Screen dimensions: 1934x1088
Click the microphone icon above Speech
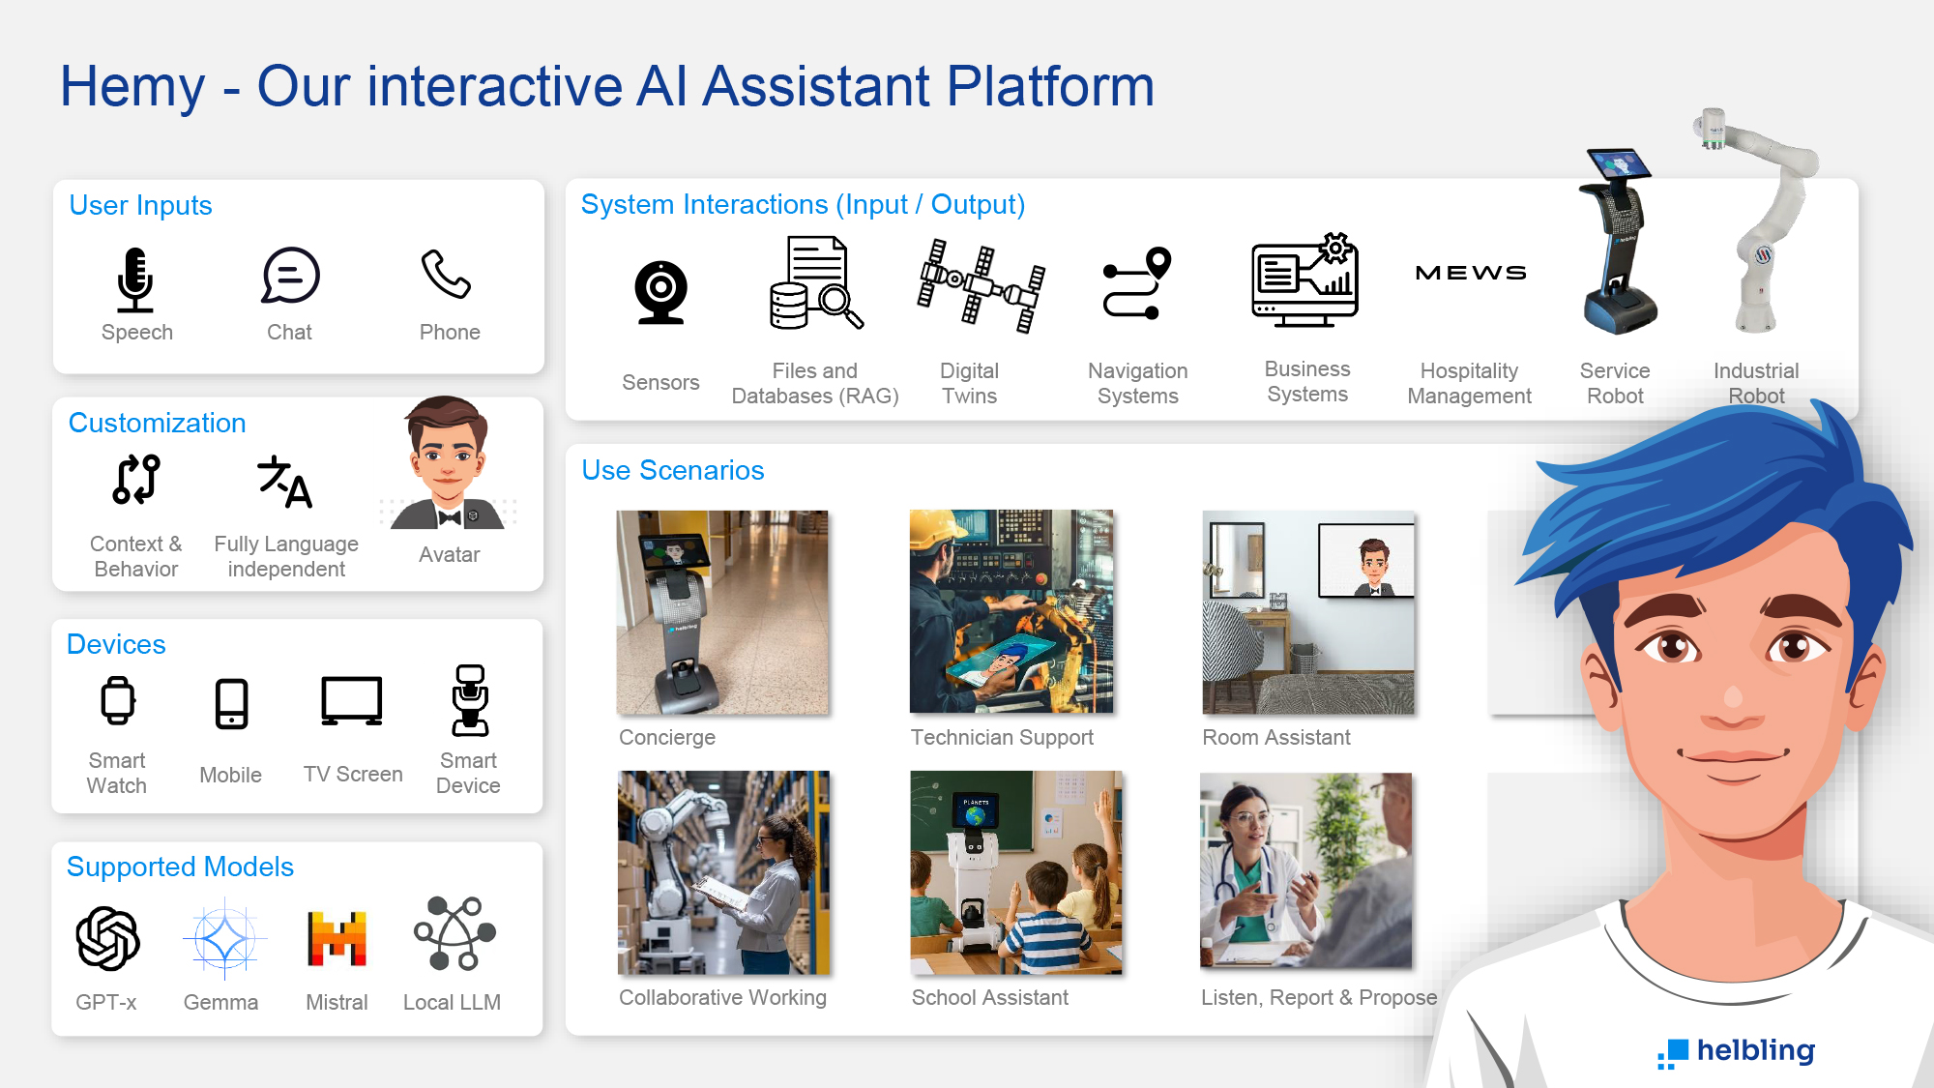click(135, 279)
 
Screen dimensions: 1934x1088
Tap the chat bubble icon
click(290, 276)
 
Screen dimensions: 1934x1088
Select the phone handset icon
click(446, 274)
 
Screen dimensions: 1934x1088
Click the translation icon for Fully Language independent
click(285, 482)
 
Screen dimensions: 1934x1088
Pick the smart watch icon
click(118, 701)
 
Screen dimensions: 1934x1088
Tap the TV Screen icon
click(352, 701)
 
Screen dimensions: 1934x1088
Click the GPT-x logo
click(108, 938)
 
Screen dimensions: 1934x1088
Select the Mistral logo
click(337, 938)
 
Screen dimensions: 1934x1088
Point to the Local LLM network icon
click(454, 933)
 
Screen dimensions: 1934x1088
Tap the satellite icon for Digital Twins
click(981, 285)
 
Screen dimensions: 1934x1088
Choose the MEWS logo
click(1471, 273)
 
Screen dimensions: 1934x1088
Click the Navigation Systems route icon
click(1137, 283)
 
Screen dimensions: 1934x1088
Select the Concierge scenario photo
click(722, 612)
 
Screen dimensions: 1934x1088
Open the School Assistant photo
click(1016, 872)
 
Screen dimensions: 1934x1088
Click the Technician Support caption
click(1002, 738)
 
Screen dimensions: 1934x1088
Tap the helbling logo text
click(1756, 1051)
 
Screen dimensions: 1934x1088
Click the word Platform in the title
click(1050, 87)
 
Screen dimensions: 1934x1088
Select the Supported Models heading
click(180, 867)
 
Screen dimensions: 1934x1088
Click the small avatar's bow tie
click(449, 517)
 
